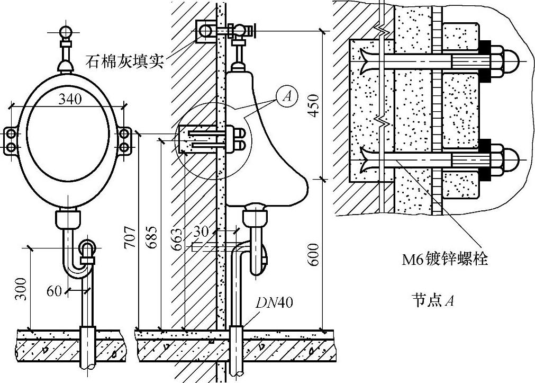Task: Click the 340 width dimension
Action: [x=70, y=99]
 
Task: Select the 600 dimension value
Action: [x=315, y=254]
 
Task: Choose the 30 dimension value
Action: [x=201, y=231]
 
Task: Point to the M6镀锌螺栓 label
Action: [x=444, y=259]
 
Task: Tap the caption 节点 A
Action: [x=432, y=301]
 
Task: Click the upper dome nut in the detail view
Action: [x=512, y=59]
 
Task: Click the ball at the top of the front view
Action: [x=67, y=33]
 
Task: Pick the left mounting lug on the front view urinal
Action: [x=12, y=139]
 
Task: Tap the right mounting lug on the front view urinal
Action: [x=123, y=139]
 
